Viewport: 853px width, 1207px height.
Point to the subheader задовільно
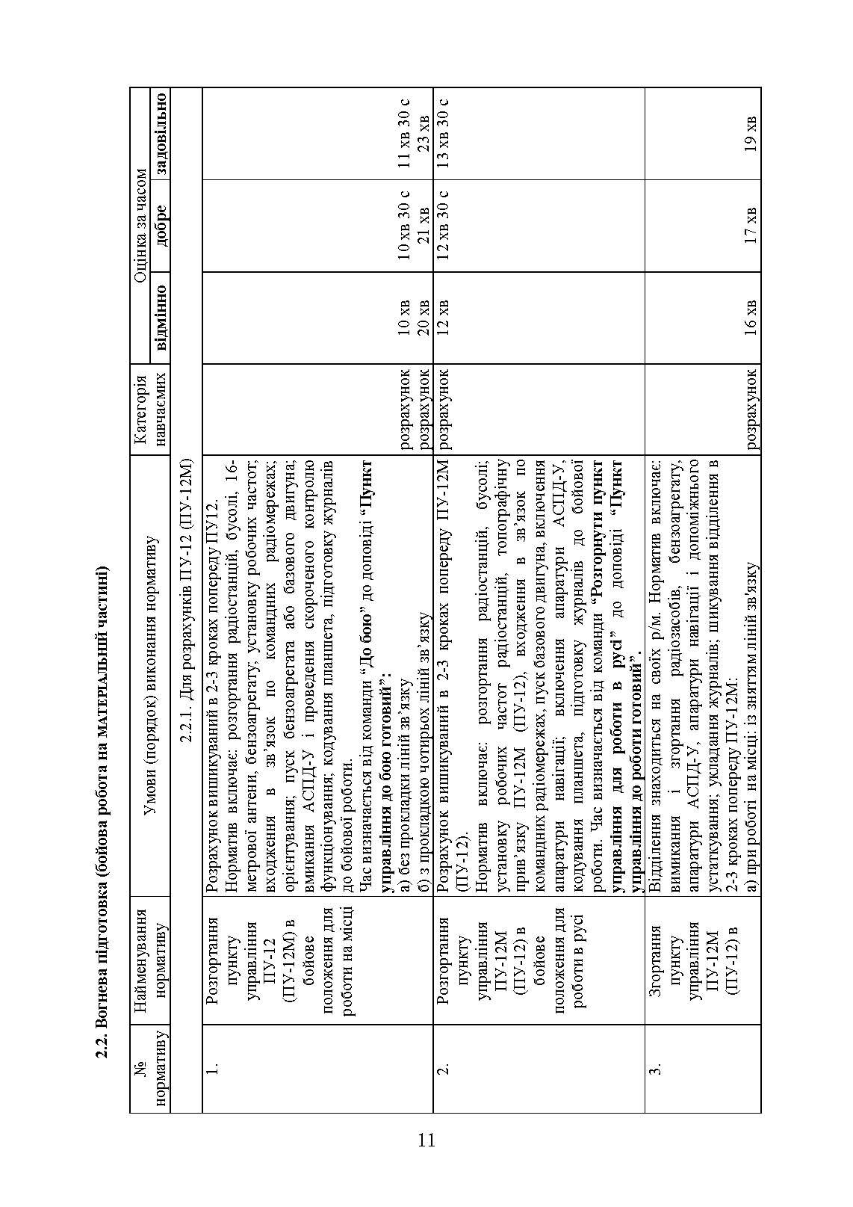tap(161, 134)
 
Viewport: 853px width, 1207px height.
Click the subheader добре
tap(161, 226)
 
